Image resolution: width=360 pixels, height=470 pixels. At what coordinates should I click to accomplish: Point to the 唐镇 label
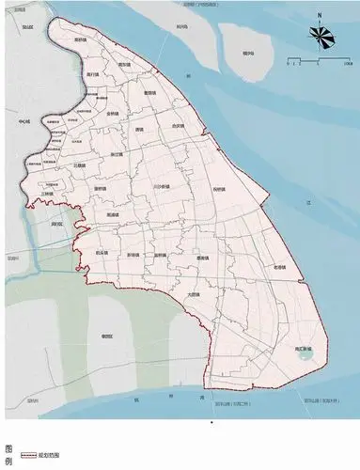click(139, 129)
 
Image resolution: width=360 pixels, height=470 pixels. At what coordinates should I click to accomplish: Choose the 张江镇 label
click(117, 153)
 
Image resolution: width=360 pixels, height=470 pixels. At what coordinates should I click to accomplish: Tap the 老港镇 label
click(278, 267)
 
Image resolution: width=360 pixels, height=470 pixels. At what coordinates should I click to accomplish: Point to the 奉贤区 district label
click(107, 335)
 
